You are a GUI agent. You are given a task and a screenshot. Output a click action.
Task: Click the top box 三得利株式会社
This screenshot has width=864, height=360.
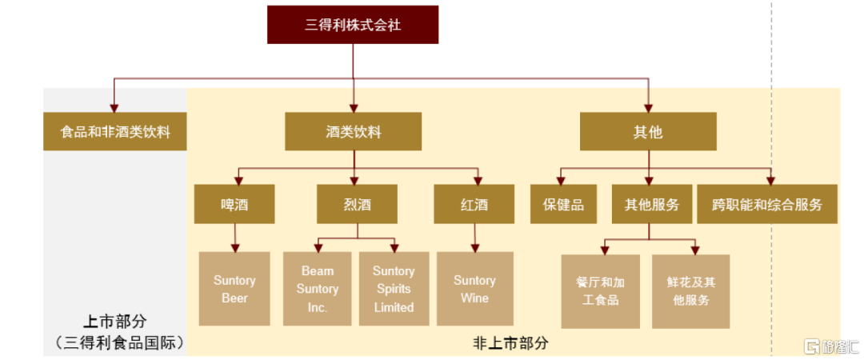pos(353,25)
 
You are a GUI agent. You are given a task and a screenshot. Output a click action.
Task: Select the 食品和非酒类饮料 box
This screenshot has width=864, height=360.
pos(115,132)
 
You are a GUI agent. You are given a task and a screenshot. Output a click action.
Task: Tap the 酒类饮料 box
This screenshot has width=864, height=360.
pos(354,132)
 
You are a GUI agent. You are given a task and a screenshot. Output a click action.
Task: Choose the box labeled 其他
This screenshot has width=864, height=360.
pos(648,132)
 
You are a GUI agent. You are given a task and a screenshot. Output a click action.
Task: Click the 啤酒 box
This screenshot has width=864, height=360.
pos(234,204)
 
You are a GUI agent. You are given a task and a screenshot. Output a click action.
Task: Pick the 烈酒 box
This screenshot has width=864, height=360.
pos(357,204)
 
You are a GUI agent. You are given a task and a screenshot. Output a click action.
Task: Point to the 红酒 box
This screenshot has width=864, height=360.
pos(474,204)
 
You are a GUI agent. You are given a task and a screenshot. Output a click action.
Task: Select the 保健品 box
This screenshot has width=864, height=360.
pos(563,204)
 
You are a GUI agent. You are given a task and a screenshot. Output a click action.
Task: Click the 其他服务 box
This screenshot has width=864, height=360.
pos(651,204)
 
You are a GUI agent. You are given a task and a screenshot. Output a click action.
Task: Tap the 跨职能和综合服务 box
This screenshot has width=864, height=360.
pos(767,204)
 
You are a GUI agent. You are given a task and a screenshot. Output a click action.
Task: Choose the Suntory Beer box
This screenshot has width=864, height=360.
pos(234,289)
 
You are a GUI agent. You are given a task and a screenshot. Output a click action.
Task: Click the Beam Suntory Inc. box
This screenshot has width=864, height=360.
pos(318,289)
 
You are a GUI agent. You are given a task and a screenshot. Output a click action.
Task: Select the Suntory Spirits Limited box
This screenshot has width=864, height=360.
pos(394,289)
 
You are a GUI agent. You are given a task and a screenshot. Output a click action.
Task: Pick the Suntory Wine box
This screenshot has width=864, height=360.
pos(475,289)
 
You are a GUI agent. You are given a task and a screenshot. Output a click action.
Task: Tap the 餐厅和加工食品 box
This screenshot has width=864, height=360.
pos(601,292)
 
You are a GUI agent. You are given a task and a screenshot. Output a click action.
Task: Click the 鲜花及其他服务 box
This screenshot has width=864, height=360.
pos(691,292)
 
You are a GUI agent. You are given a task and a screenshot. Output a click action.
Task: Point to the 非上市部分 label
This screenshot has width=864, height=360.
pos(510,343)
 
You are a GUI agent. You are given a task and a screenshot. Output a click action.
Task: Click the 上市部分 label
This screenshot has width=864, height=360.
pos(115,322)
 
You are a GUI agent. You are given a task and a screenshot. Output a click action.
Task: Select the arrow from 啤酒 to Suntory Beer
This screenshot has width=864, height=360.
pos(235,238)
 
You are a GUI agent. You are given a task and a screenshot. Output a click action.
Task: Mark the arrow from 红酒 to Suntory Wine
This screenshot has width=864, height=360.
pos(474,238)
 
